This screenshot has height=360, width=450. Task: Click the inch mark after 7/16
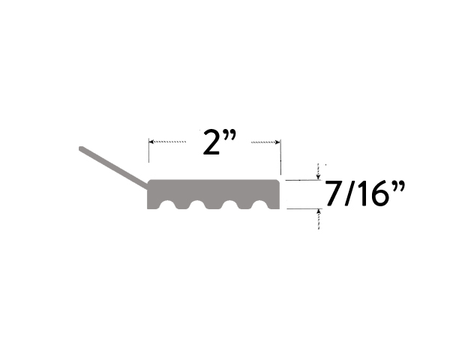pos(399,187)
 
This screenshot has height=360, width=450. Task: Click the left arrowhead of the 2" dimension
pos(152,141)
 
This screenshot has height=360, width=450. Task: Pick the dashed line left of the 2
pos(170,141)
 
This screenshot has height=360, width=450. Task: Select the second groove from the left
pos(198,205)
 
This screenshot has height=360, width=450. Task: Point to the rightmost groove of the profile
pos(259,205)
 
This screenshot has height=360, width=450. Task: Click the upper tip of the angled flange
pos(82,149)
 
